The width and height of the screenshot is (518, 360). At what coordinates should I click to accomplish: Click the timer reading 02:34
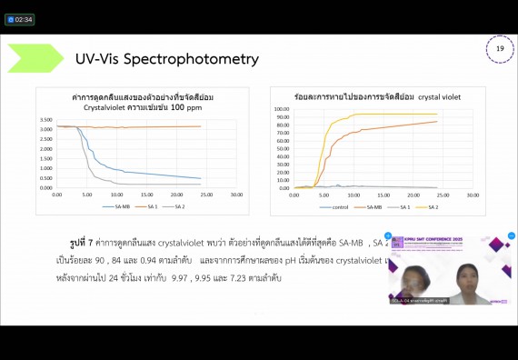(x=22, y=19)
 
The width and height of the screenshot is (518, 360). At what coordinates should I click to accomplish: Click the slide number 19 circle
(x=499, y=49)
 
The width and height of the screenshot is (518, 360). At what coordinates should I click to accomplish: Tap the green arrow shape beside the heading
(x=36, y=59)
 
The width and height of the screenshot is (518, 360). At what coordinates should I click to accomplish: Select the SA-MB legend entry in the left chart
(x=125, y=207)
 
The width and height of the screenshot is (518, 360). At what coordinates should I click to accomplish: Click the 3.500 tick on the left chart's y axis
(x=45, y=120)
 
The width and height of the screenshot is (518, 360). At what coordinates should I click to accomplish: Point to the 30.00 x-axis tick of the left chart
(x=236, y=195)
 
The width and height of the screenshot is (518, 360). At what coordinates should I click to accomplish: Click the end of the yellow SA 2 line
(x=436, y=114)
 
